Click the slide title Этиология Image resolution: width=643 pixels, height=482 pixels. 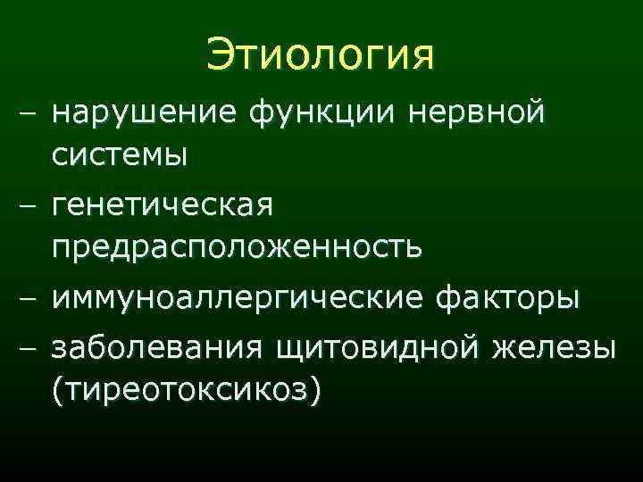click(x=321, y=55)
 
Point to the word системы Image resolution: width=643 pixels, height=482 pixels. click(x=119, y=156)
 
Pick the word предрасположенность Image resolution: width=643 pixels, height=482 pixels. click(x=237, y=245)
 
